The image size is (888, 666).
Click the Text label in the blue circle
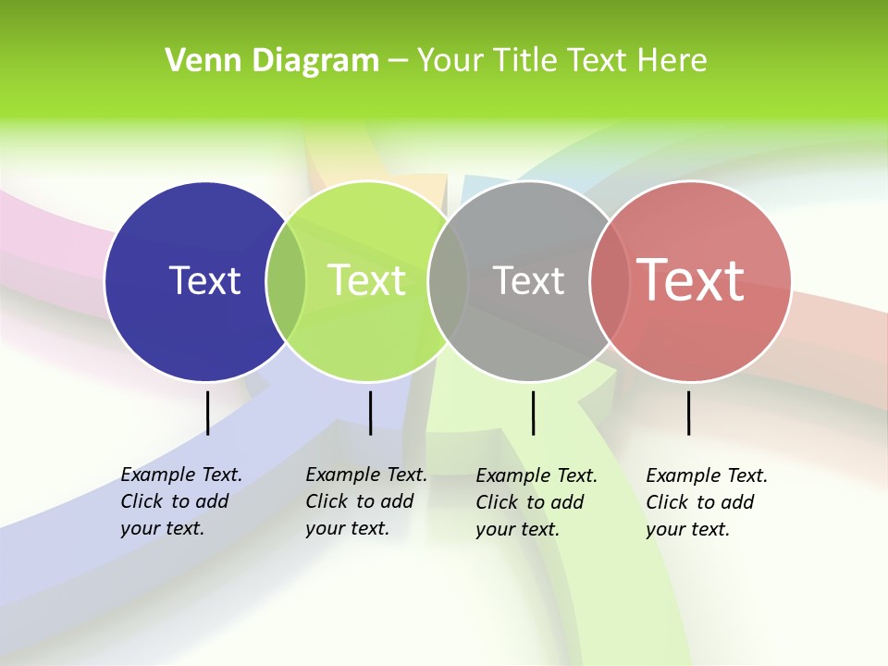(x=204, y=280)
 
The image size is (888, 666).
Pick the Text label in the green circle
(x=367, y=280)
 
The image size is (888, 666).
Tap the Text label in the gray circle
(x=528, y=280)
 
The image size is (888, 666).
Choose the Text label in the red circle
(x=691, y=279)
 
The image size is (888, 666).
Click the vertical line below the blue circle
(x=207, y=413)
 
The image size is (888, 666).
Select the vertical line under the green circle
(x=370, y=413)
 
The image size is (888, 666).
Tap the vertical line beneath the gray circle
(x=533, y=413)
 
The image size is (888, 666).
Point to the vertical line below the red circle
(x=689, y=413)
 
